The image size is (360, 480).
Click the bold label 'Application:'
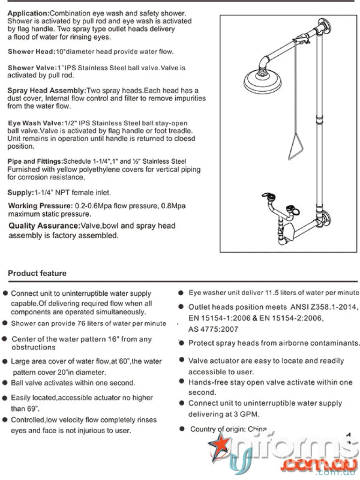[28, 13]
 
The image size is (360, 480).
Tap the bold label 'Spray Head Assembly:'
[46, 90]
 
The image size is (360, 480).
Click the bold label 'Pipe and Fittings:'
[35, 161]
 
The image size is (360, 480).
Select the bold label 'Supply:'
[20, 193]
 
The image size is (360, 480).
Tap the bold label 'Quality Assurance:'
[44, 226]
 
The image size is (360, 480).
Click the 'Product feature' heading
[37, 273]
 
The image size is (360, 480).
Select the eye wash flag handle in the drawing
[267, 196]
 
